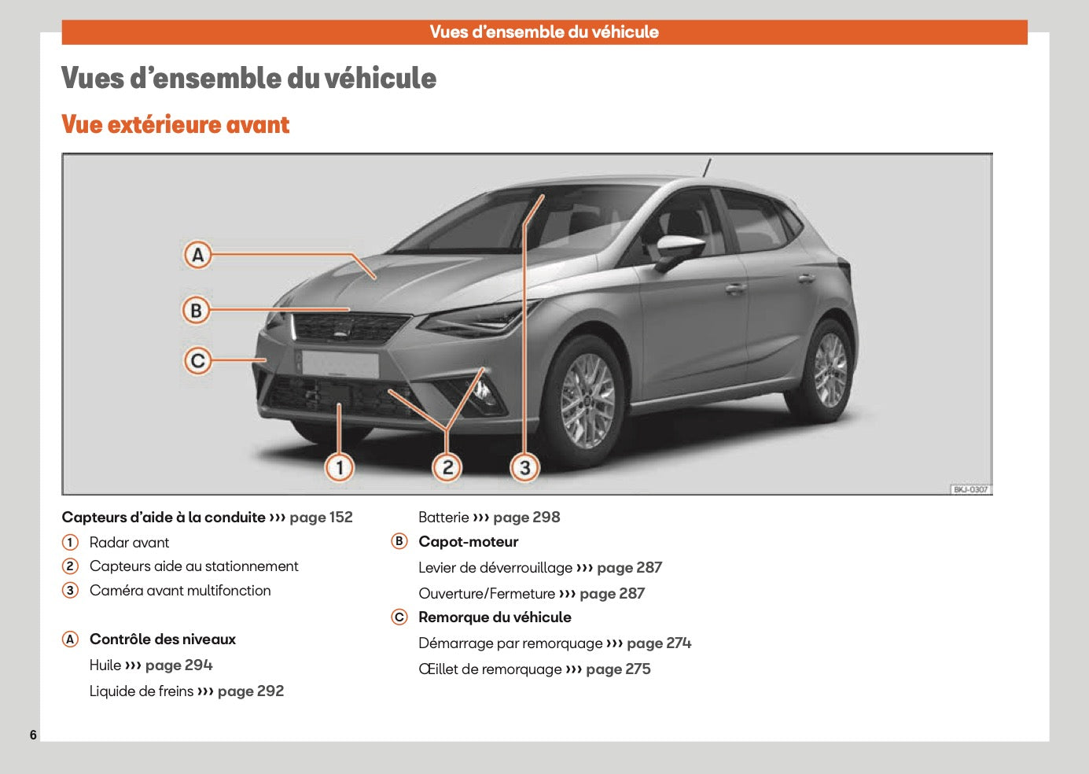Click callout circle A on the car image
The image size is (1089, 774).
coord(197,255)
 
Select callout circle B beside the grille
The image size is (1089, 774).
coord(197,310)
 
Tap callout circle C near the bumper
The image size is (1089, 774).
coord(197,361)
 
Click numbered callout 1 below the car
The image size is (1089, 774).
coord(340,468)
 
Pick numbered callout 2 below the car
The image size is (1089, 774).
coord(447,468)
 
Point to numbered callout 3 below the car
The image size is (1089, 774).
coord(524,468)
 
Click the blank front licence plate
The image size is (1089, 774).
coord(340,364)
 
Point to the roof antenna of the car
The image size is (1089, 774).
coord(707,168)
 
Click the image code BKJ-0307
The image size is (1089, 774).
coord(970,489)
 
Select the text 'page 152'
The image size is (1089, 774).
coord(321,518)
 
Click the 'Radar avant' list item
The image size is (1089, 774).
coord(129,543)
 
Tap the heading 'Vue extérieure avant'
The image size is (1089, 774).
coord(175,125)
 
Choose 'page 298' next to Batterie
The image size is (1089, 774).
coord(526,518)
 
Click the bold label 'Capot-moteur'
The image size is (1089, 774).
coord(468,542)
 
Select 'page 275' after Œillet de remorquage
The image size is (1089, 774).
coord(618,669)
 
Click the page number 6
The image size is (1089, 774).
coord(33,735)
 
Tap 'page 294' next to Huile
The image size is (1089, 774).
coord(178,665)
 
